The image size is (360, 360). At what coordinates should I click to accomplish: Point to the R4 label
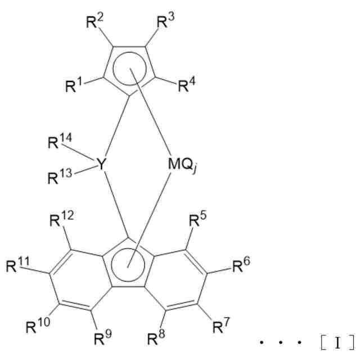click(187, 86)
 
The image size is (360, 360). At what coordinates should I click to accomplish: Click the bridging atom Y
click(101, 164)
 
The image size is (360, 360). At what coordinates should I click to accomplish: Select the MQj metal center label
click(183, 164)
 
